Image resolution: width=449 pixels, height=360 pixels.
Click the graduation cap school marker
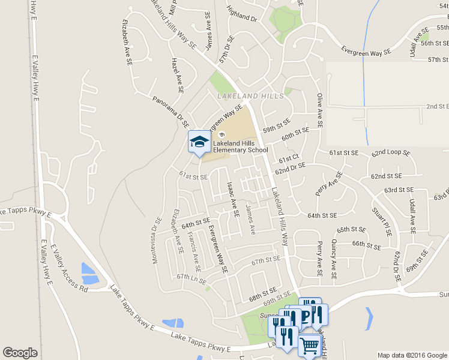click(x=199, y=142)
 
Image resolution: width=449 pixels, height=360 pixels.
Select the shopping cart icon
click(x=309, y=346)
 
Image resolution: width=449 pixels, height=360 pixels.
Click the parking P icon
click(x=306, y=316)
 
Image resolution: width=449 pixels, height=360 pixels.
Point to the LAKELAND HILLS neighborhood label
click(x=243, y=96)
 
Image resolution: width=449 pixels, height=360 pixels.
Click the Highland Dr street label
click(x=242, y=14)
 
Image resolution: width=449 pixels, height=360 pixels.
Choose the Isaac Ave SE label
click(x=233, y=200)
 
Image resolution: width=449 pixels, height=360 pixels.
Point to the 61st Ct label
click(x=288, y=158)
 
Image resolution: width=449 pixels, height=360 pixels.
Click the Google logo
click(x=20, y=353)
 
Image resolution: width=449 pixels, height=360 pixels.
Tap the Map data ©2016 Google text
click(x=412, y=355)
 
